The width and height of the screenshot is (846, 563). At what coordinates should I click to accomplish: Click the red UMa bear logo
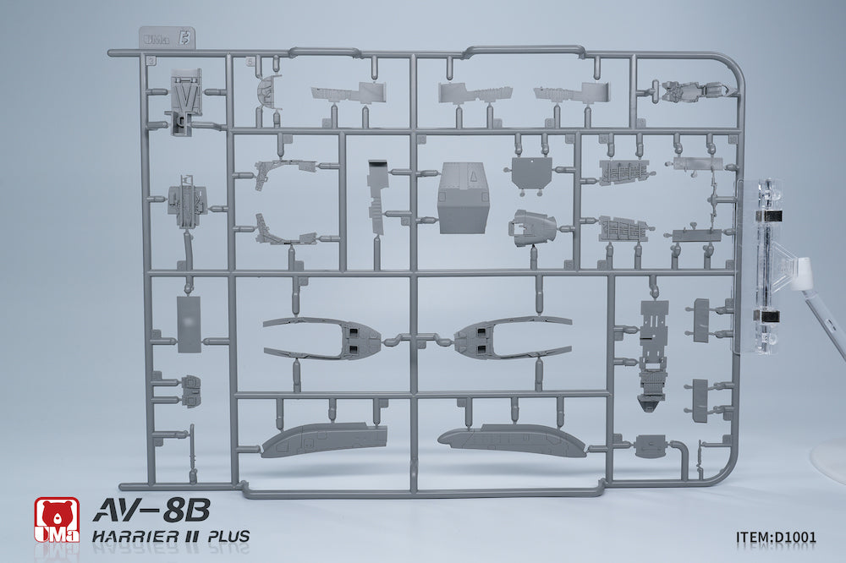coord(57,519)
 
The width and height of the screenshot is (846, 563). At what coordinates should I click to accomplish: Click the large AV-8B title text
coord(151,510)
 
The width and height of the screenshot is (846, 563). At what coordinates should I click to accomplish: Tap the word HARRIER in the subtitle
coord(135,536)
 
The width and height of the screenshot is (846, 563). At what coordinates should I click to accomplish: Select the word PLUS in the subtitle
coord(228,536)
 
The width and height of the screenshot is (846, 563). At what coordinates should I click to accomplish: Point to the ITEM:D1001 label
coord(776,537)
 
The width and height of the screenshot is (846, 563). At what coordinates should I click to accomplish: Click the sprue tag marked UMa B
coord(167,39)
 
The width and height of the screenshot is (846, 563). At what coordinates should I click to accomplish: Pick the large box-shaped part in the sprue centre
coord(464,198)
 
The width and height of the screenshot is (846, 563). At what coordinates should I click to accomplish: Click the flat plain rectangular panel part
coord(189,324)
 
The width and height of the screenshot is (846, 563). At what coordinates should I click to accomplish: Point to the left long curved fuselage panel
coord(324,440)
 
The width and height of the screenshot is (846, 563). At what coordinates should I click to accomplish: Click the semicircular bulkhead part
coord(269,91)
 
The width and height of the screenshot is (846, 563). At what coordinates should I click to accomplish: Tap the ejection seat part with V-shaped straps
coord(186,101)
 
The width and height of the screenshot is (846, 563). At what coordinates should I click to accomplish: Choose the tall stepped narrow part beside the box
coord(377,196)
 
